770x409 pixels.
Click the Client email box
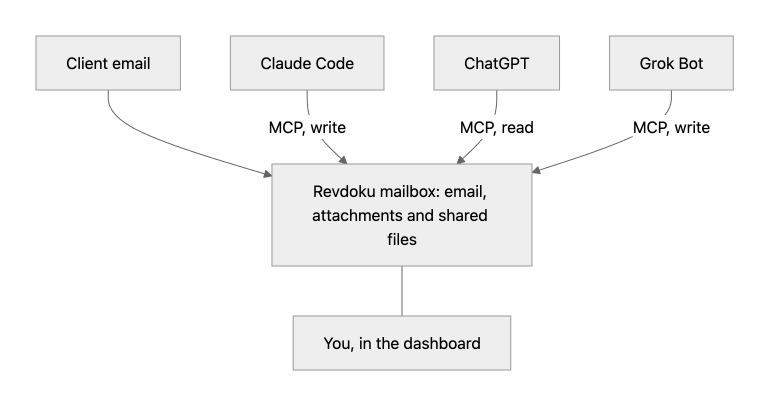click(x=108, y=63)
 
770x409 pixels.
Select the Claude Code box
click(x=307, y=63)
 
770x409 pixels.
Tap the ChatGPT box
click(x=496, y=63)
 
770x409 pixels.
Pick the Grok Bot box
click(x=671, y=63)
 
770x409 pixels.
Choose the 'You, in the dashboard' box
click(x=402, y=343)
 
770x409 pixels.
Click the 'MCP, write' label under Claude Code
click(x=307, y=127)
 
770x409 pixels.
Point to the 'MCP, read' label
click(x=496, y=127)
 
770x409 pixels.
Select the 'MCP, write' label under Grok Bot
click(x=671, y=127)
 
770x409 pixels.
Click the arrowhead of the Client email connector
click(x=268, y=174)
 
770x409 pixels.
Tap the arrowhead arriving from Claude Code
click(x=343, y=160)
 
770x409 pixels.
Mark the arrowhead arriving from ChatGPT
click(x=460, y=160)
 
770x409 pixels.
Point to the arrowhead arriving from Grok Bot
click(x=536, y=169)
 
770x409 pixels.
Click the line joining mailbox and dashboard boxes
click(x=402, y=291)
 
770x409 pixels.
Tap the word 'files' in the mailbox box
click(x=402, y=239)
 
